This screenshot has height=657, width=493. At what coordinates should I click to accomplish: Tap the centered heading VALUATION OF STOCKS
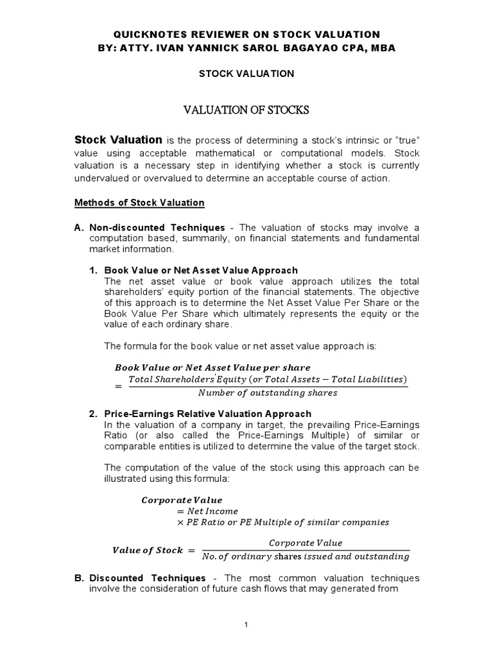246,110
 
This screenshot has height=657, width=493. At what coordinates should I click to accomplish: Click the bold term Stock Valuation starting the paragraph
119,139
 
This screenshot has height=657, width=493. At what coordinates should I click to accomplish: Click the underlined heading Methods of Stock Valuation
139,203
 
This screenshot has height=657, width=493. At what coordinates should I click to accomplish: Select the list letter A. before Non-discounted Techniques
80,228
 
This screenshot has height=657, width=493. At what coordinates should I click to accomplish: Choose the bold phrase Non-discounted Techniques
157,228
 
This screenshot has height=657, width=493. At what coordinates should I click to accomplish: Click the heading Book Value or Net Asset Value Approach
201,270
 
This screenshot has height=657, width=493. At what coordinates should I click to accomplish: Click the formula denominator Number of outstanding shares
268,393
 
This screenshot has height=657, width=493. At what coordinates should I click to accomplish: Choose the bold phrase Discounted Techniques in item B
137,577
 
